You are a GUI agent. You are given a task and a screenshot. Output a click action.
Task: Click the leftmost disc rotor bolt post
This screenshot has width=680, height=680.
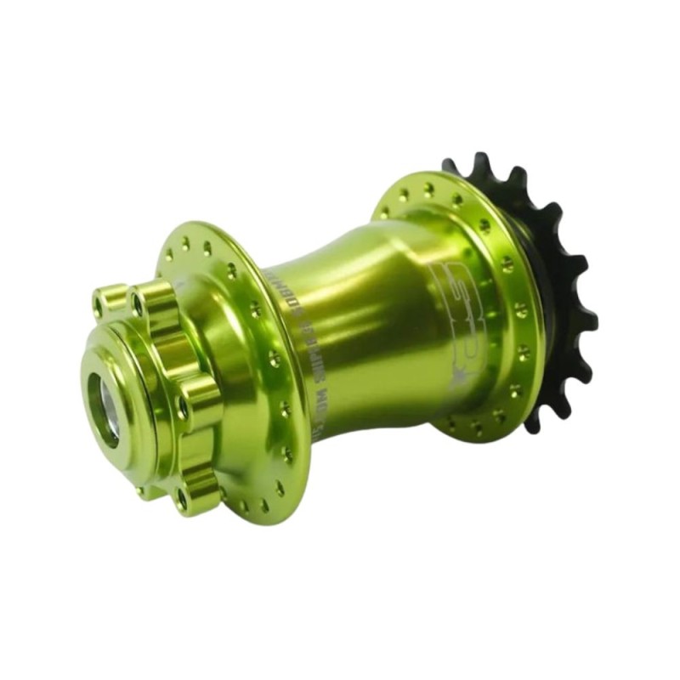[x=109, y=301]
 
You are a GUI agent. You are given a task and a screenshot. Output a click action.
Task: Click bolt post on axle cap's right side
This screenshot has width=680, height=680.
[x=195, y=399]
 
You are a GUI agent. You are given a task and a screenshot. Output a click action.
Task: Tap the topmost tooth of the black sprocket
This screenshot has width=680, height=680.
[x=481, y=161]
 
